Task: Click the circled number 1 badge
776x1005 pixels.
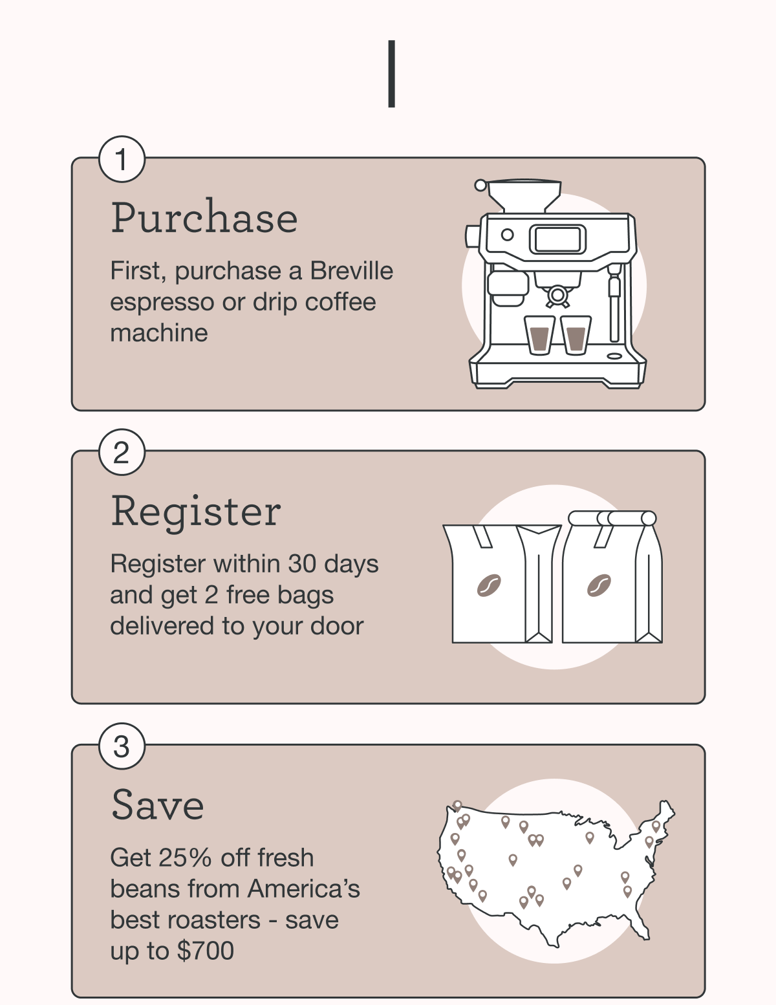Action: pos(122,159)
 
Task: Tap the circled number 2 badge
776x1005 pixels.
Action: pos(122,452)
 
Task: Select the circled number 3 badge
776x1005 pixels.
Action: pos(122,746)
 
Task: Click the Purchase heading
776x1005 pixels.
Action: pos(204,217)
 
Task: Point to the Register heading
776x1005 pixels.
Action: pos(196,512)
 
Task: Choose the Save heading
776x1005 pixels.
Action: pos(158,805)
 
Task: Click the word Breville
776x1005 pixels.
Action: pos(352,270)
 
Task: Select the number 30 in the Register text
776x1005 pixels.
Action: pos(302,564)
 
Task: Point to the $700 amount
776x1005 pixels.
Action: pos(206,951)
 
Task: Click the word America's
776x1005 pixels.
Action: pos(304,889)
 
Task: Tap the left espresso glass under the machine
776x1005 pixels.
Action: pos(540,336)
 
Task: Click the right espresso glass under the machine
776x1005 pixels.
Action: pos(576,336)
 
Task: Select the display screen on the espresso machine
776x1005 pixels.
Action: pos(557,239)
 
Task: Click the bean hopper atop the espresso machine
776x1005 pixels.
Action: pos(524,196)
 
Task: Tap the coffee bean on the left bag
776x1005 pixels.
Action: pos(489,585)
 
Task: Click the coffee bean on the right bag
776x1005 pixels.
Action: pos(599,585)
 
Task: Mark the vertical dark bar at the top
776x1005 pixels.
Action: pos(392,74)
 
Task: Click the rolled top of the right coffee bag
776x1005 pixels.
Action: pos(612,519)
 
